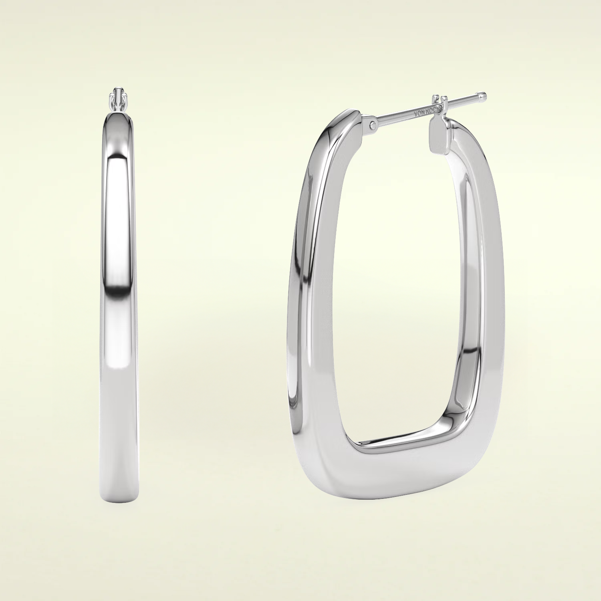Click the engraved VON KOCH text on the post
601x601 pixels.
428,111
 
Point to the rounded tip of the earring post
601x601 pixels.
484,96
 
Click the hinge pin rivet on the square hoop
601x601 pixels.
373,124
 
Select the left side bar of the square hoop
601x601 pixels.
305,300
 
